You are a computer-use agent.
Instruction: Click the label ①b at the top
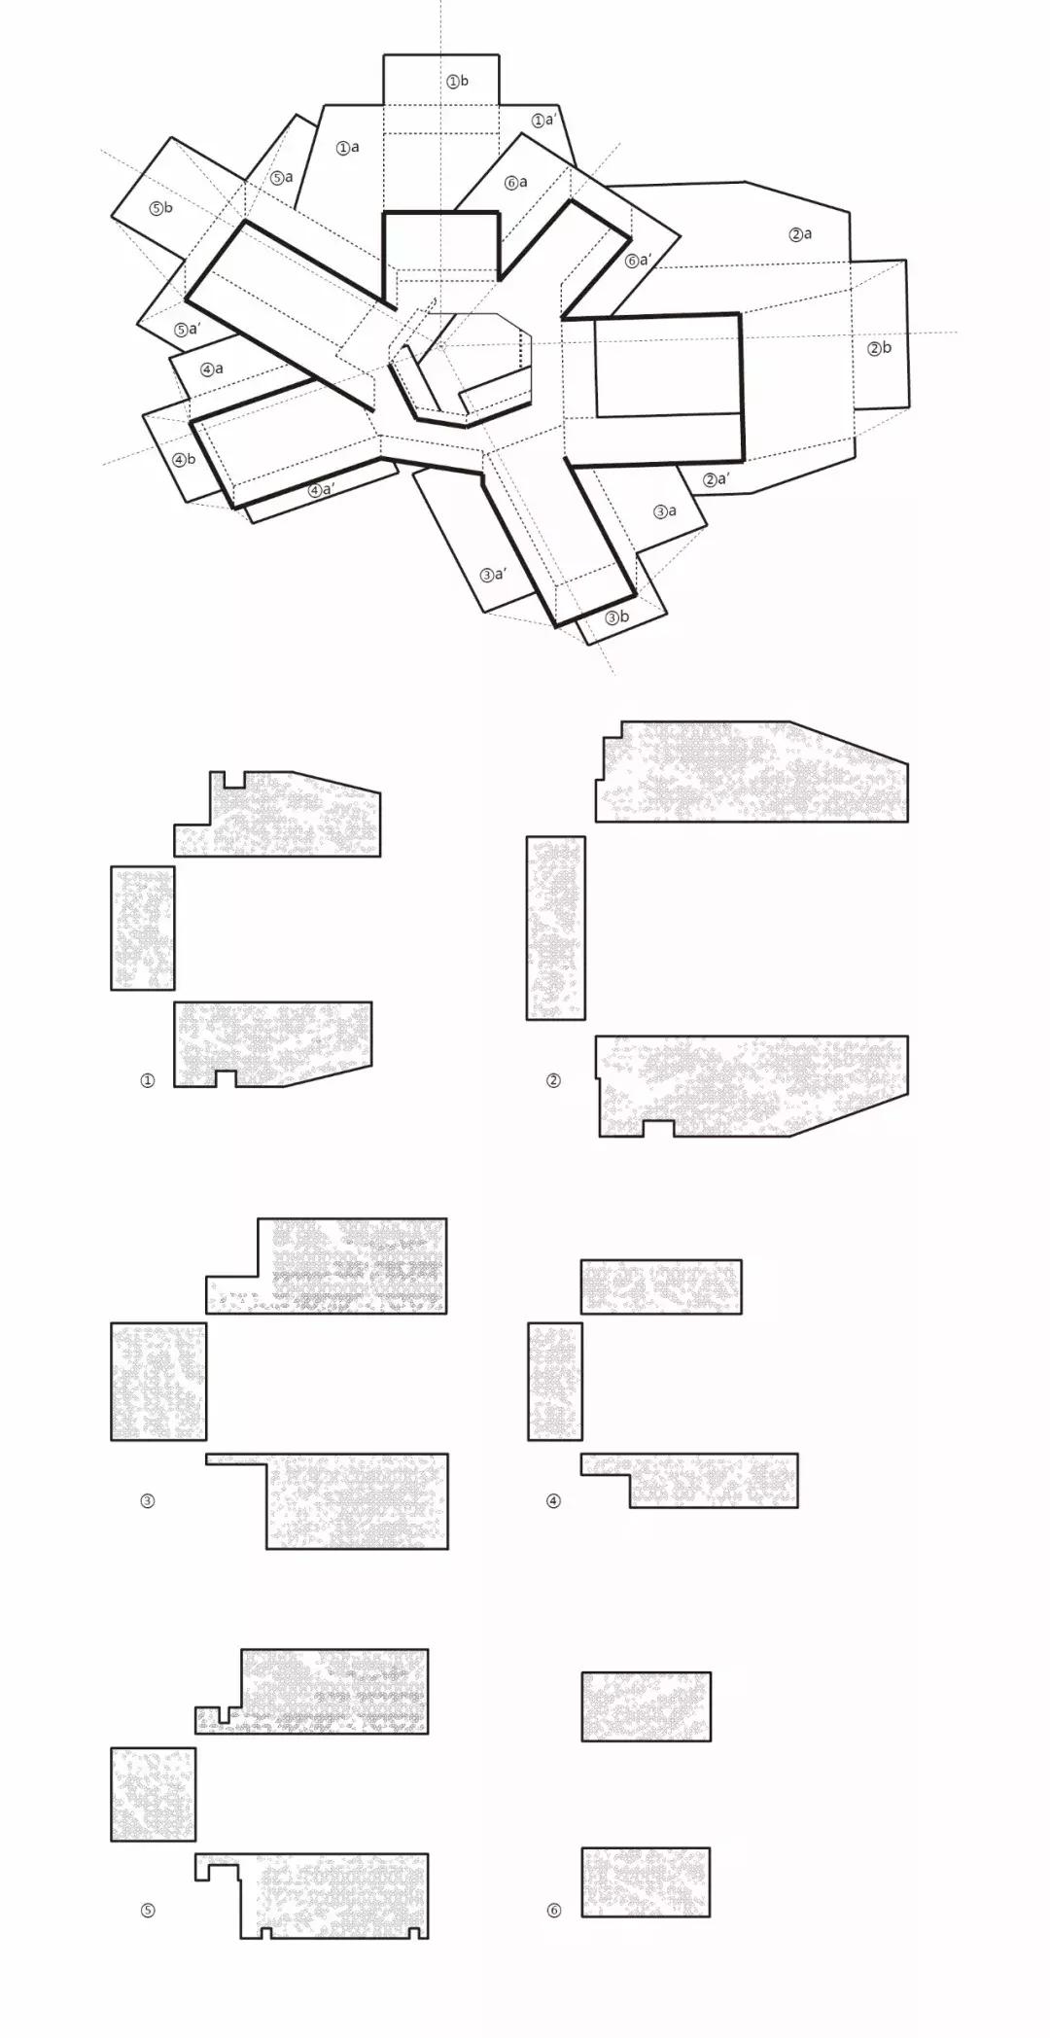click(457, 82)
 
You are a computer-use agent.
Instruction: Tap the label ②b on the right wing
click(879, 348)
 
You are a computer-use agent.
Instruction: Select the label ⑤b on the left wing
click(161, 208)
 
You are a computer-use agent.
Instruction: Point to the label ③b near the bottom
click(617, 617)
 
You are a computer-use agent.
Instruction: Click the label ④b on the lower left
click(184, 460)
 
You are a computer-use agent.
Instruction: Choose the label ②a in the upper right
click(800, 234)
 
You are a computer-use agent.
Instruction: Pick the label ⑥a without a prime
click(516, 183)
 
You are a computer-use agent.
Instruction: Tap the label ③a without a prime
click(665, 511)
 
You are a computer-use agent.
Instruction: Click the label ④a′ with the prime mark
click(322, 490)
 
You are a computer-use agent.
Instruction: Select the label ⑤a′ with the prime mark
click(188, 330)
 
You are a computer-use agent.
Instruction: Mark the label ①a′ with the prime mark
click(544, 121)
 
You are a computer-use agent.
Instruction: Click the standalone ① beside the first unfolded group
click(148, 1080)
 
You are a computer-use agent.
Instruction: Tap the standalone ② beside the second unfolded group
click(553, 1080)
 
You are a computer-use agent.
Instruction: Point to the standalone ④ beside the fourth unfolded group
click(553, 1500)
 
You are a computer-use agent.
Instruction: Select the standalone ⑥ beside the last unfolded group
click(553, 1911)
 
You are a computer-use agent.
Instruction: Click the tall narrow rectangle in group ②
click(556, 928)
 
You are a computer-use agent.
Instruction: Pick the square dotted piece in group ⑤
click(154, 1794)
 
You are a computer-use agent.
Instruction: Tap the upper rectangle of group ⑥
click(647, 1706)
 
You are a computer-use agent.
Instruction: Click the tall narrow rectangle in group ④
click(555, 1381)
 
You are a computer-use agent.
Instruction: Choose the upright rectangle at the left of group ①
click(143, 928)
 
